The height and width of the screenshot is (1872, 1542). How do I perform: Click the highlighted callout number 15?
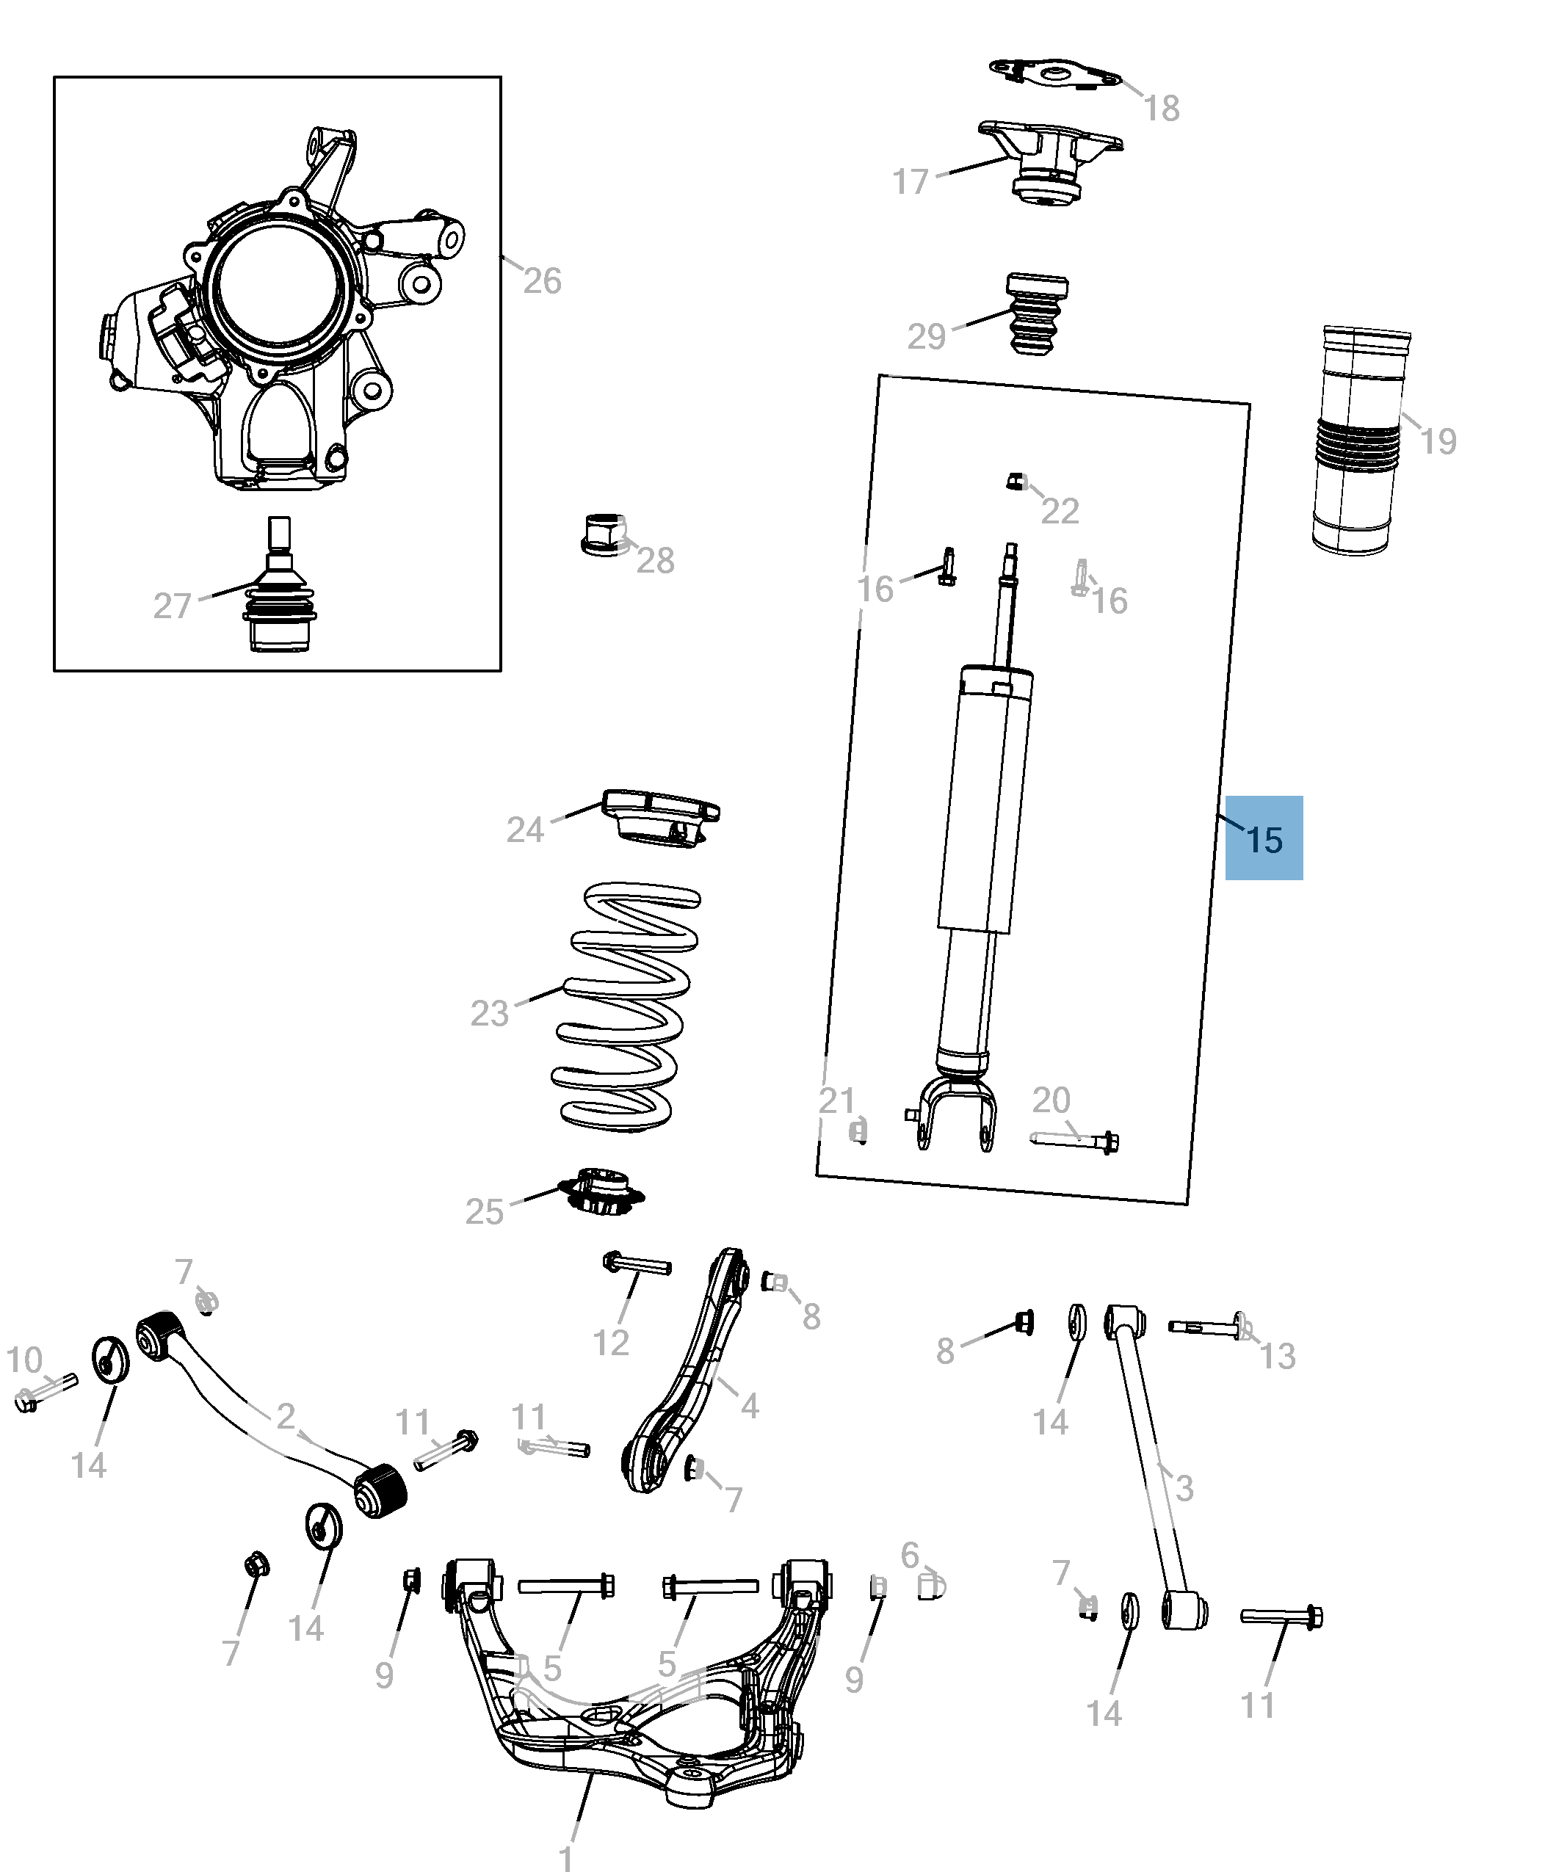point(1263,839)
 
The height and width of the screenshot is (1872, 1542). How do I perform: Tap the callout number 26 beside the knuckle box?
point(541,281)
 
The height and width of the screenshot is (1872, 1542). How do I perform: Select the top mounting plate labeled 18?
point(1055,75)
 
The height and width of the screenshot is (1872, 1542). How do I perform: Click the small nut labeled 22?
point(1016,482)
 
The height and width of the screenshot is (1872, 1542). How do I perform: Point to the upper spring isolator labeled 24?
point(661,818)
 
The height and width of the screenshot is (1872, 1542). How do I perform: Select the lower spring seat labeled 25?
point(601,1190)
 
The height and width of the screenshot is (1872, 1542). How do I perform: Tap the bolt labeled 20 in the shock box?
point(1075,1140)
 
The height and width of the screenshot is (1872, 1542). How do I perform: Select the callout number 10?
point(24,1359)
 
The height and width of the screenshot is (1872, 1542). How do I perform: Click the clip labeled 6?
point(931,1584)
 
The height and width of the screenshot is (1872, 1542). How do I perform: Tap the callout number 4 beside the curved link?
point(750,1405)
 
